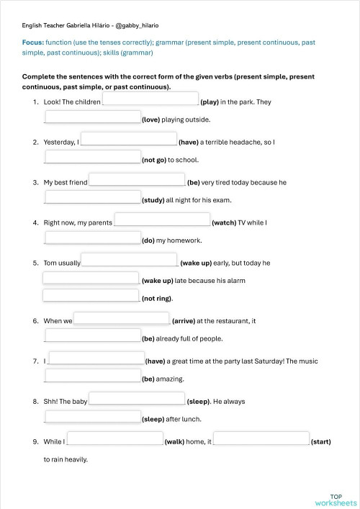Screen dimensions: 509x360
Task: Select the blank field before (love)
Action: (x=93, y=117)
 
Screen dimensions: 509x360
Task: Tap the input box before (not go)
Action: (x=93, y=157)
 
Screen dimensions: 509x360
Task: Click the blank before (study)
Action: (x=93, y=197)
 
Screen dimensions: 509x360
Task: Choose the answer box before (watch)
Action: (x=162, y=220)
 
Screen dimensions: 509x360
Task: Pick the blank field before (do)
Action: (x=93, y=238)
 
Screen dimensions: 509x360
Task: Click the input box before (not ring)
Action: (x=91, y=295)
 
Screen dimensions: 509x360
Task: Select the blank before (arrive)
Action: (x=122, y=318)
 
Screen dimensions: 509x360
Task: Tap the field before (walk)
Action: (x=115, y=438)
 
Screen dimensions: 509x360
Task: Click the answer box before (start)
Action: (x=261, y=438)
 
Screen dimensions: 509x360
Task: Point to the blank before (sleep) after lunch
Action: (x=93, y=416)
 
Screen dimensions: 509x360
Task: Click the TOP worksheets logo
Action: (x=336, y=500)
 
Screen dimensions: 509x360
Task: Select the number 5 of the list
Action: (x=35, y=263)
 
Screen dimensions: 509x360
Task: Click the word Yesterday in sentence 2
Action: (x=59, y=143)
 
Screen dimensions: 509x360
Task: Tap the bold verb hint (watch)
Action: (x=226, y=223)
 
